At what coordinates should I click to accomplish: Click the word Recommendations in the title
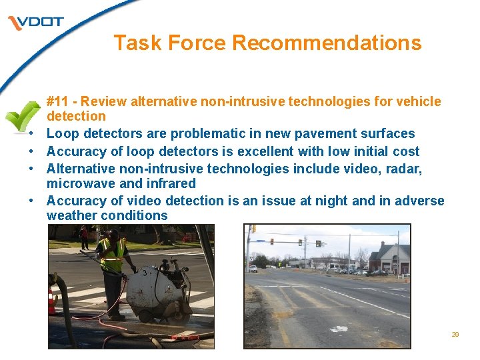click(x=327, y=43)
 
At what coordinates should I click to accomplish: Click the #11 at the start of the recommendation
click(x=57, y=101)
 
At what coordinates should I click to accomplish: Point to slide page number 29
click(x=455, y=335)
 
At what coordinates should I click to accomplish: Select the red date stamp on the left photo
click(x=184, y=339)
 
